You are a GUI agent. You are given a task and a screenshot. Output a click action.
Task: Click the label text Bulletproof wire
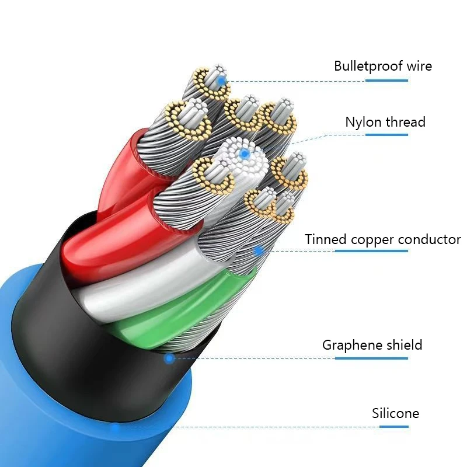383,66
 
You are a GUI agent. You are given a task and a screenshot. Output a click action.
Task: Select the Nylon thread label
385,123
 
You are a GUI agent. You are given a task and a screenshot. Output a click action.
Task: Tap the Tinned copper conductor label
383,239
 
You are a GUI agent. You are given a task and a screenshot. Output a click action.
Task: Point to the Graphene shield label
372,345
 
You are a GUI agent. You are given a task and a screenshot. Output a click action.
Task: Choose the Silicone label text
396,414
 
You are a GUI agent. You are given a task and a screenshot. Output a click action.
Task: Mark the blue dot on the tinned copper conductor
258,251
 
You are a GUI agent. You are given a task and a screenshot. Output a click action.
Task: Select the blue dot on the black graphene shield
169,358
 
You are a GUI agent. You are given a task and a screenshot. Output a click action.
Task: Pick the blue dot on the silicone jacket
116,427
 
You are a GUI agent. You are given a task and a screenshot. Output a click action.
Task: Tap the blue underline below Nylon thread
386,135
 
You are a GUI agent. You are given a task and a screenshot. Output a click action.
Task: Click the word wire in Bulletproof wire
419,66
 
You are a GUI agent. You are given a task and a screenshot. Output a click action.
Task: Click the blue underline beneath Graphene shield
371,358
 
